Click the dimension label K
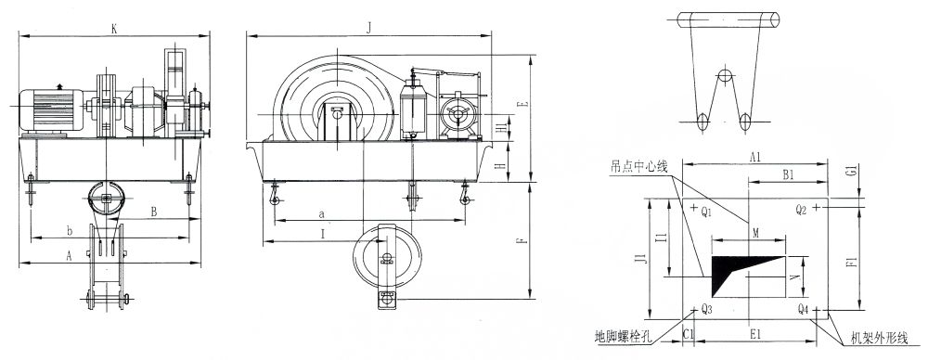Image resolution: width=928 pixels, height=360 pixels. [114, 29]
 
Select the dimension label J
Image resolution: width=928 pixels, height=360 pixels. [368, 29]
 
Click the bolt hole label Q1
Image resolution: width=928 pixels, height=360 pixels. [705, 212]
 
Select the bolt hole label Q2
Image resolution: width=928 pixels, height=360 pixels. [802, 209]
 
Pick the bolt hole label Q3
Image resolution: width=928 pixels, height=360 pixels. [706, 308]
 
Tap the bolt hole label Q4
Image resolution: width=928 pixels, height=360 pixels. [803, 308]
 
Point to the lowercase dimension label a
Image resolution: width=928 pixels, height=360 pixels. [320, 213]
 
